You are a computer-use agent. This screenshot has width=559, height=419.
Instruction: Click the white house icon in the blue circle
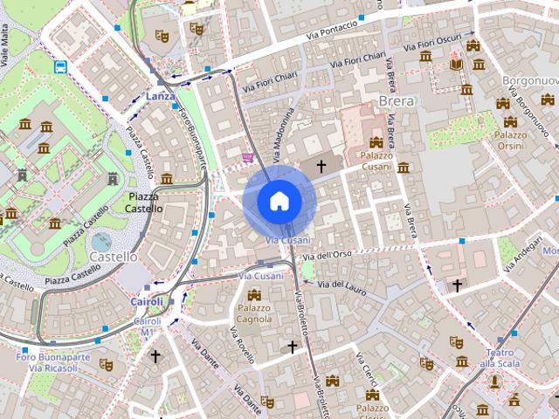pos(279,201)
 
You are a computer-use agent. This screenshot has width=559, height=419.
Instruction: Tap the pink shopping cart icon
pos(248,158)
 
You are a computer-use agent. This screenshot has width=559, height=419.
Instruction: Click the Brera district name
pos(396,100)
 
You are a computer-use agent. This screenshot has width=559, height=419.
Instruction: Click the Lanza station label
pos(161,96)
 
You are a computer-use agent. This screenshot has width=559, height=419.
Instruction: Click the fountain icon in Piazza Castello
pos(101,240)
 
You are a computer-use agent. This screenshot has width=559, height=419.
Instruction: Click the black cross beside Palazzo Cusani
pos(321,165)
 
